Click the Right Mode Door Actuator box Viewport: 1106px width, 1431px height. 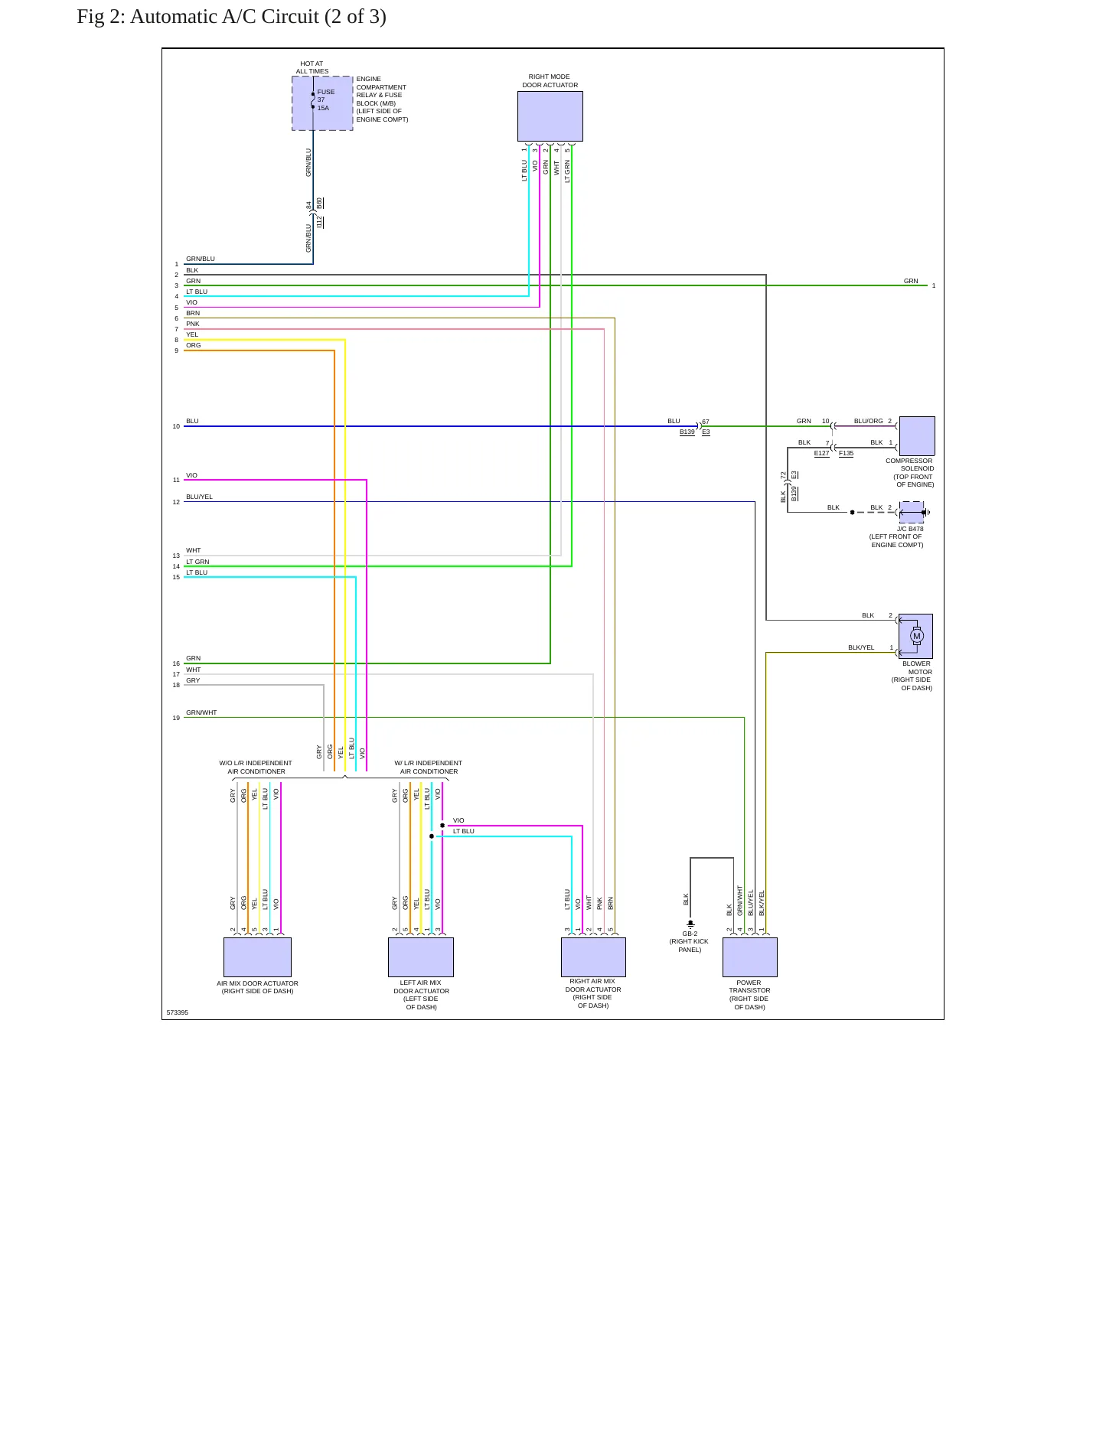coord(550,116)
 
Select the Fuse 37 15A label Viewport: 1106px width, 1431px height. coord(325,100)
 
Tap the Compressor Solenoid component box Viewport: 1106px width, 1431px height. coord(917,436)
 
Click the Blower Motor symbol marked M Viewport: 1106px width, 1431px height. coord(917,636)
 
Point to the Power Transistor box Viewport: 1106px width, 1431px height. coord(750,957)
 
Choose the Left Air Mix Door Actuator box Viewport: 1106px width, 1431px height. coord(421,957)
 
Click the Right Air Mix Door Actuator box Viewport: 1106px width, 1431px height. coord(593,957)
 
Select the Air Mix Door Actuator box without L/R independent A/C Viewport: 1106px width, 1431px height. coord(257,957)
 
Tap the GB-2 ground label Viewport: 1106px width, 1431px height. coord(690,934)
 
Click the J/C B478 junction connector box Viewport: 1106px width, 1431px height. coord(912,513)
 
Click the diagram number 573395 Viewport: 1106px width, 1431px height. coord(178,1012)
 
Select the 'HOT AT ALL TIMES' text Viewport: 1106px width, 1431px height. coord(312,68)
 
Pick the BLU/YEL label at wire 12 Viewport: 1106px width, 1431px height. coord(199,497)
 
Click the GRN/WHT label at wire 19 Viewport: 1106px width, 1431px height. coord(201,713)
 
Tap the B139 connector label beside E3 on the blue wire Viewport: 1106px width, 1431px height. coord(687,432)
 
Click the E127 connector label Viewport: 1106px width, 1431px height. coord(821,454)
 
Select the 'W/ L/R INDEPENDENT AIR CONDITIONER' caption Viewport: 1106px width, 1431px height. coord(429,768)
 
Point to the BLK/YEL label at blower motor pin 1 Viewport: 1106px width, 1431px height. coord(861,648)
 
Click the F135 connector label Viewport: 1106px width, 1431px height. coord(846,454)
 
